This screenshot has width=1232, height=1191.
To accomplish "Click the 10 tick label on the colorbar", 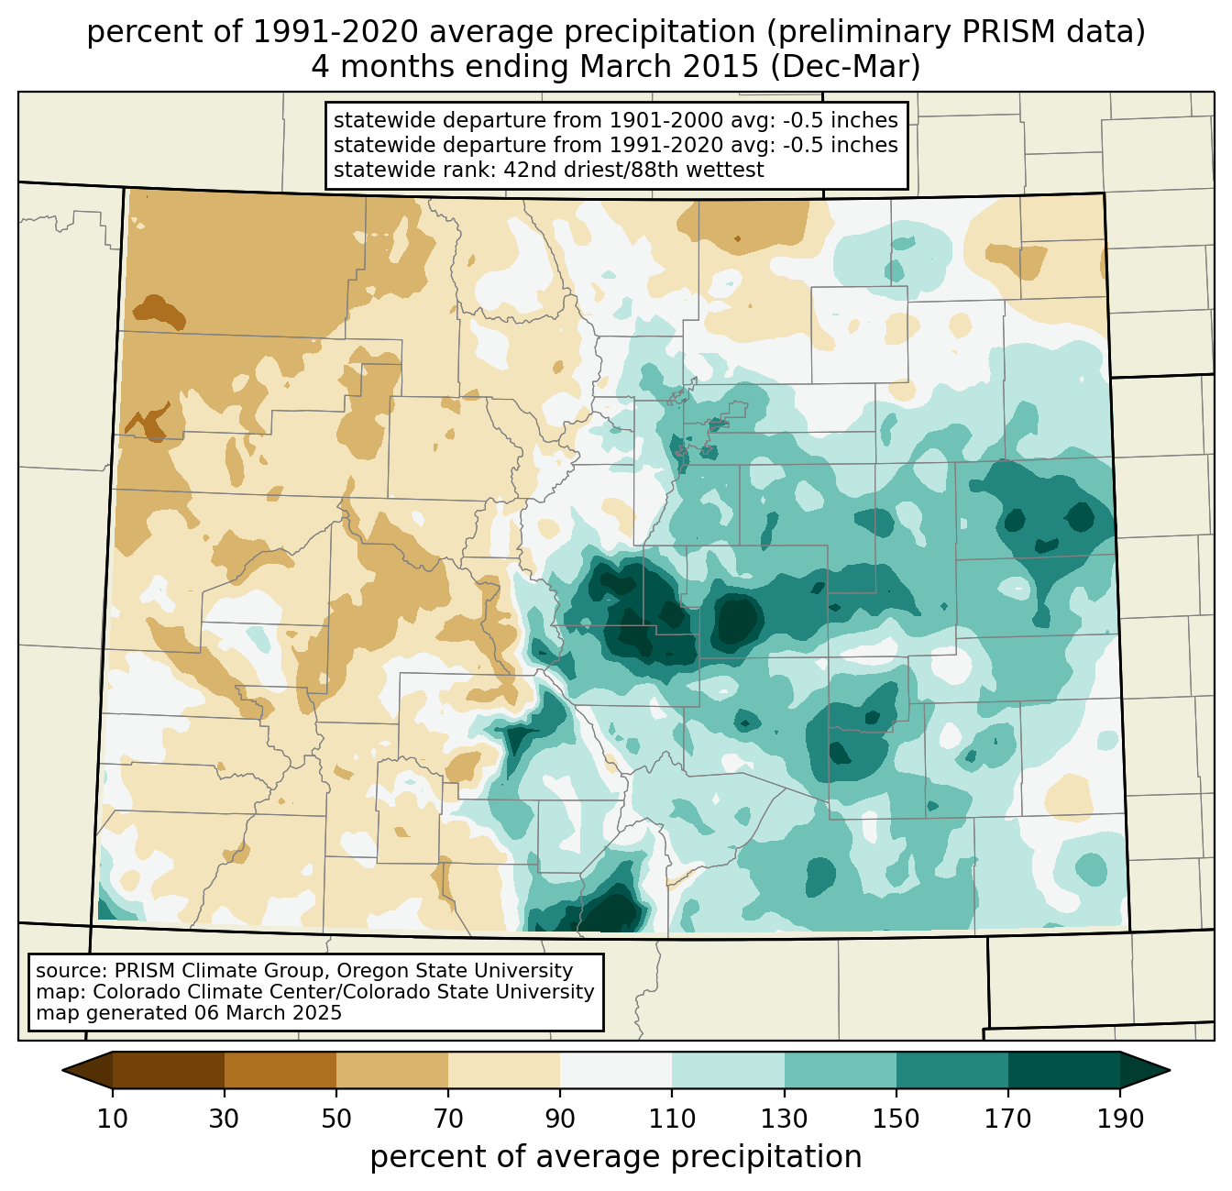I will pyautogui.click(x=113, y=1119).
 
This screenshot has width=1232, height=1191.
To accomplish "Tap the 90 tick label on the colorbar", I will pyautogui.click(x=560, y=1119).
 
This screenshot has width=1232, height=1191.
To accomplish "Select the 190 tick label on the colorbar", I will pyautogui.click(x=1120, y=1119).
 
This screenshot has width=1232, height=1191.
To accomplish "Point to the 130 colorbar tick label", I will pyautogui.click(x=785, y=1119).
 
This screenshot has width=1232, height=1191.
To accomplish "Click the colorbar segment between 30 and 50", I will pyautogui.click(x=280, y=1070).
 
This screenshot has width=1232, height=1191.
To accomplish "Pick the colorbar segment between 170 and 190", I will pyautogui.click(x=1063, y=1070).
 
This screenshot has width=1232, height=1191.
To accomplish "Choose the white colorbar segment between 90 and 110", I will pyautogui.click(x=616, y=1070).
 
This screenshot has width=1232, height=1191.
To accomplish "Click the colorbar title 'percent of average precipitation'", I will pyautogui.click(x=616, y=1157).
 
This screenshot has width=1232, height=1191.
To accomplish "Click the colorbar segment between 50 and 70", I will pyautogui.click(x=392, y=1070).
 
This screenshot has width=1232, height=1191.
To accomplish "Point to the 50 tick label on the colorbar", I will pyautogui.click(x=336, y=1119).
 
